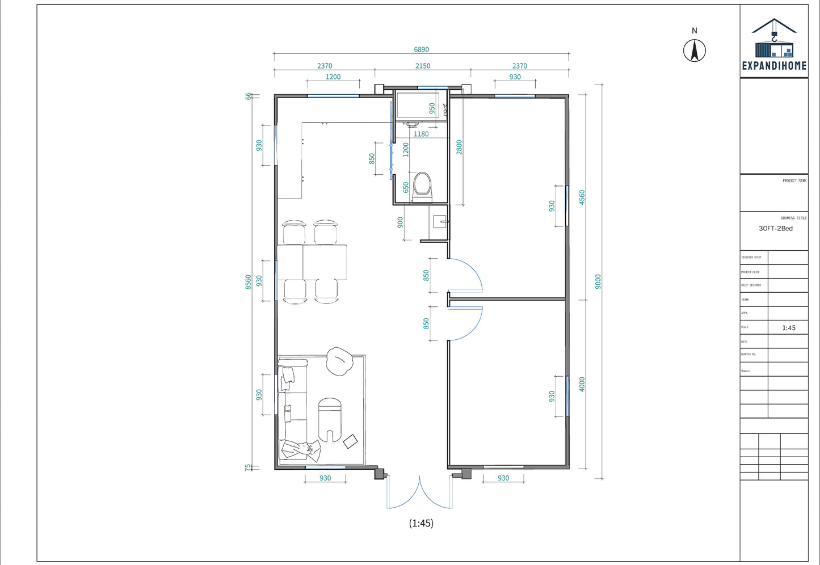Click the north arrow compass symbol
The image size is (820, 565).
pyautogui.click(x=694, y=50)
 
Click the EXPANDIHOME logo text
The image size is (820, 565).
pyautogui.click(x=774, y=66)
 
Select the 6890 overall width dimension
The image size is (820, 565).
pyautogui.click(x=421, y=49)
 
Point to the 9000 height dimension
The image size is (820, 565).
pyautogui.click(x=598, y=282)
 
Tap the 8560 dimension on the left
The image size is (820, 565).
pyautogui.click(x=248, y=282)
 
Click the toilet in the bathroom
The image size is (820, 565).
pyautogui.click(x=422, y=185)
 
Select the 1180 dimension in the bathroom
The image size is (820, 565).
pyautogui.click(x=421, y=134)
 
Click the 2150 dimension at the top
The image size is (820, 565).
pyautogui.click(x=422, y=66)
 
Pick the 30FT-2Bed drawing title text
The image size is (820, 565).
pyautogui.click(x=775, y=229)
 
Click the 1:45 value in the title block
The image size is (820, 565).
pyautogui.click(x=788, y=328)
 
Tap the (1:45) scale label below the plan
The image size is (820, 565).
pyautogui.click(x=421, y=523)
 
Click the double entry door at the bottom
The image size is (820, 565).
pyautogui.click(x=419, y=492)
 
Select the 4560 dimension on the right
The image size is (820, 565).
pyautogui.click(x=582, y=197)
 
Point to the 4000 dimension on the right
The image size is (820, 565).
pyautogui.click(x=582, y=384)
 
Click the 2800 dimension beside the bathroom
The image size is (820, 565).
pyautogui.click(x=459, y=147)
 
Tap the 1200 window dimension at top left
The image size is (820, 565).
pyautogui.click(x=333, y=77)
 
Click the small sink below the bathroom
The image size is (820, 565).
pyautogui.click(x=440, y=220)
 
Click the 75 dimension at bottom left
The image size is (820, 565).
pyautogui.click(x=248, y=467)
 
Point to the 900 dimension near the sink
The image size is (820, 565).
pyautogui.click(x=401, y=222)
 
